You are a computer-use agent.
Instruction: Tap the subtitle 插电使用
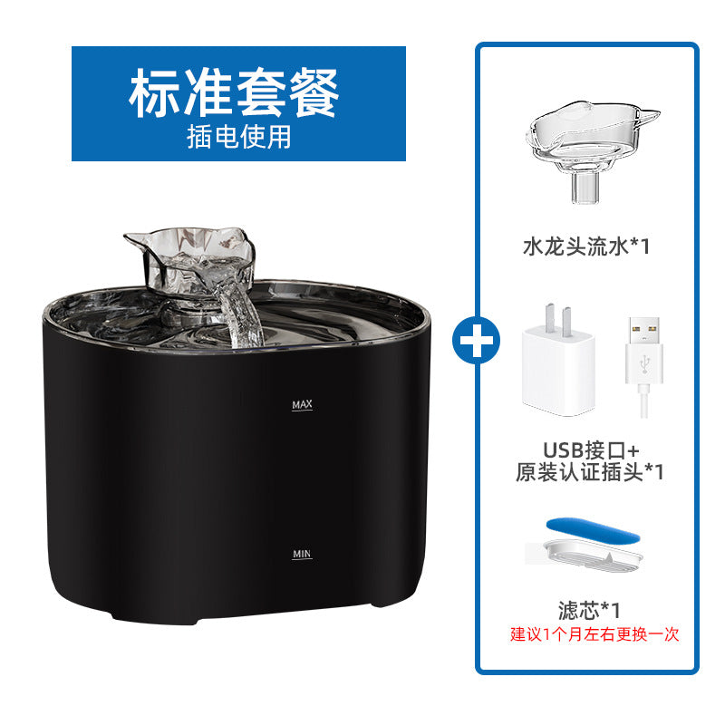pos(238,136)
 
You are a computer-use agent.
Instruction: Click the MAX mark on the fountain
pos(303,405)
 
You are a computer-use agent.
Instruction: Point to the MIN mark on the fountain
pos(303,553)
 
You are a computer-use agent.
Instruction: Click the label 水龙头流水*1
pos(587,246)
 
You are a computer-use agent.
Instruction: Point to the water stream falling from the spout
pos(243,317)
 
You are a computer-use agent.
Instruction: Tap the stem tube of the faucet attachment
pos(583,188)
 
